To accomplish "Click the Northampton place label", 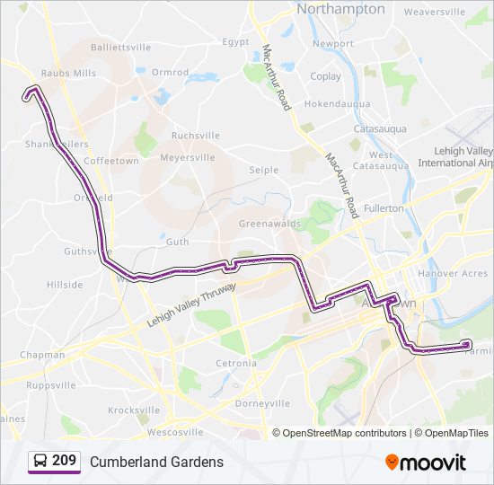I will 340,9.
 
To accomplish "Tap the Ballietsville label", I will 121,47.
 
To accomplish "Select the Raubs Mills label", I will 67,74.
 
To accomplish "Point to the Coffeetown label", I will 111,161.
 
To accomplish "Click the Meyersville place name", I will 188,157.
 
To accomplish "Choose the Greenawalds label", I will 269,224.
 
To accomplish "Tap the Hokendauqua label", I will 337,104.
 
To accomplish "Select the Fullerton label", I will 384,208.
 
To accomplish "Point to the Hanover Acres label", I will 454,273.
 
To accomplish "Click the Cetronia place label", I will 236,363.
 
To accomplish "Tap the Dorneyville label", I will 262,403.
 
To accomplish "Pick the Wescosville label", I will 163,432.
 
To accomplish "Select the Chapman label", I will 43,355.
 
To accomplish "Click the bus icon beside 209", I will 40,462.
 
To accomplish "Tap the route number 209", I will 64,461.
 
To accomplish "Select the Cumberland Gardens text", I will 156,462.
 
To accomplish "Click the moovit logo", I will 426,463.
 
